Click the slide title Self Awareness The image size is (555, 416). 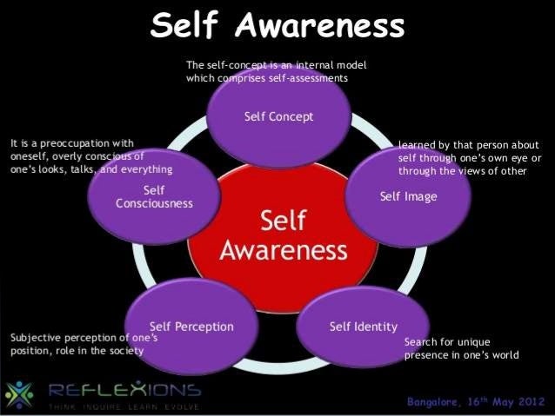click(277, 27)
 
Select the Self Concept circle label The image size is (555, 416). click(279, 116)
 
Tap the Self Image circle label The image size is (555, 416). click(408, 196)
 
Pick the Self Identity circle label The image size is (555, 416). click(363, 327)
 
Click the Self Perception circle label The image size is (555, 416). click(191, 327)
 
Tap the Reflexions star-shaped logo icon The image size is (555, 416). click(18, 394)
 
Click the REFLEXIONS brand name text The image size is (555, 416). click(125, 388)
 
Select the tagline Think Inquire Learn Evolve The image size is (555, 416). click(124, 406)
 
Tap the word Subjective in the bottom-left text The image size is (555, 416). click(35, 336)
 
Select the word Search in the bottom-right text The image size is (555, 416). click(421, 341)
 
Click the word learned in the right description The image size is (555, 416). click(415, 144)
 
